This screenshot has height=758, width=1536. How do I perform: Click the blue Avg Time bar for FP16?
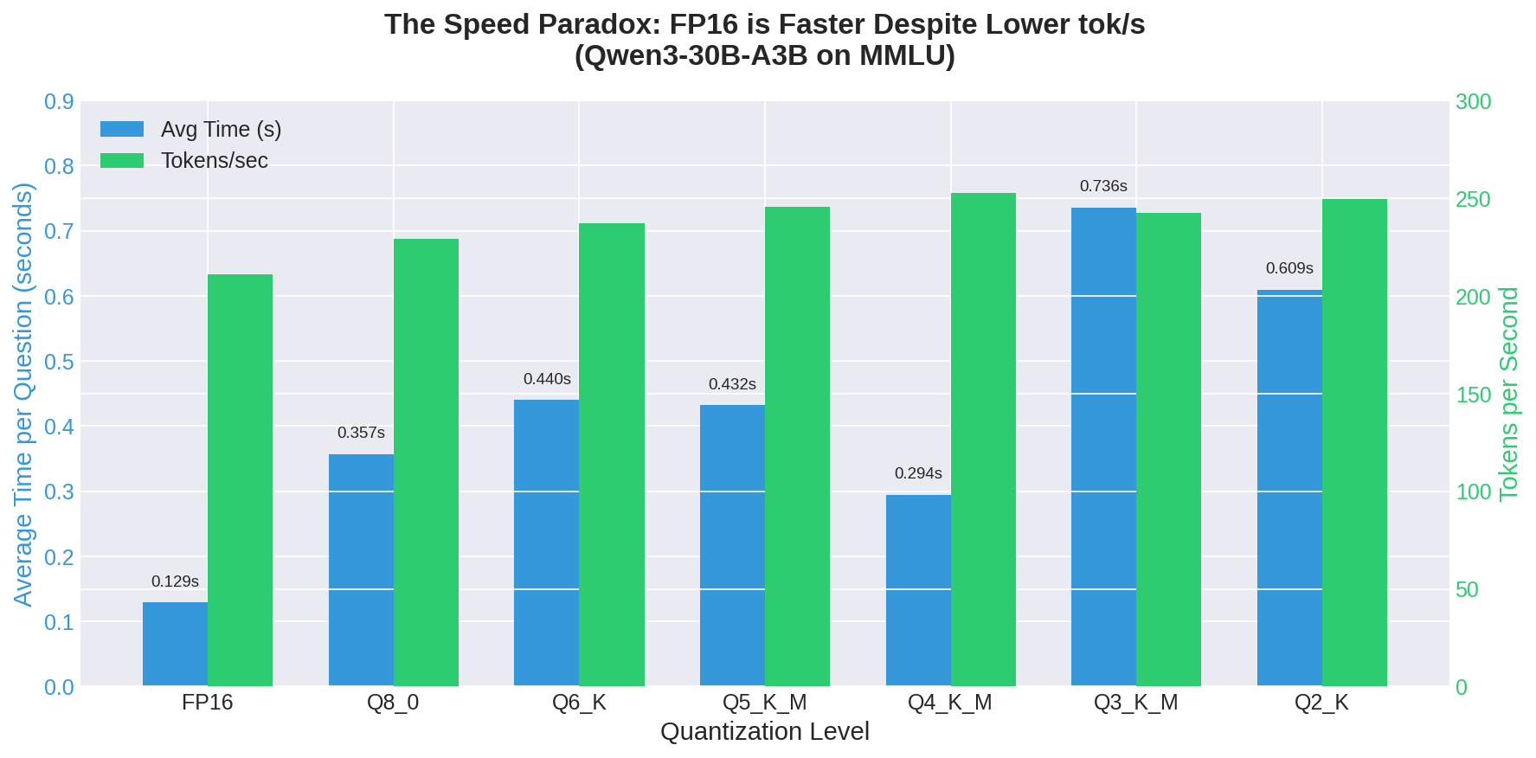pyautogui.click(x=175, y=644)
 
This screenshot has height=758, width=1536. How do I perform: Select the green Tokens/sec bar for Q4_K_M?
pyautogui.click(x=983, y=440)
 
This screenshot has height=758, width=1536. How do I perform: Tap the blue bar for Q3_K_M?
pyautogui.click(x=1103, y=446)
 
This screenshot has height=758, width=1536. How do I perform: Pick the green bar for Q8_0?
pyautogui.click(x=426, y=462)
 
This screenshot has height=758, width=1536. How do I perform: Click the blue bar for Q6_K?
pyautogui.click(x=546, y=543)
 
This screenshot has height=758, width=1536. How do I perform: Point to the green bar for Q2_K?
pyautogui.click(x=1354, y=442)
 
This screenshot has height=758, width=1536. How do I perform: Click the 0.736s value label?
pyautogui.click(x=1103, y=186)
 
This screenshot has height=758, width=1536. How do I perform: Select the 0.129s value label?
pyautogui.click(x=175, y=581)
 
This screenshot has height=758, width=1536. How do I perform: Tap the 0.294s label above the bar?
pyautogui.click(x=918, y=473)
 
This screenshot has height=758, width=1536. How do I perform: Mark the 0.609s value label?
pyautogui.click(x=1289, y=268)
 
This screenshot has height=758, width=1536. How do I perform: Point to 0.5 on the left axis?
pyautogui.click(x=59, y=362)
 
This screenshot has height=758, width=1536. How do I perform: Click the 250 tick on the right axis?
pyautogui.click(x=1473, y=199)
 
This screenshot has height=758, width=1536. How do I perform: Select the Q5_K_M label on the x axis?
pyautogui.click(x=764, y=702)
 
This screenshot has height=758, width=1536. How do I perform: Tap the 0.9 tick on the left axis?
pyautogui.click(x=59, y=102)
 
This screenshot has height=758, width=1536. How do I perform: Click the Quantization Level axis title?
pyautogui.click(x=764, y=732)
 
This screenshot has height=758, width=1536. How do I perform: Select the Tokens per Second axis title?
pyautogui.click(x=1508, y=394)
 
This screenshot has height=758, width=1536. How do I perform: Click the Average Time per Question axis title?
pyautogui.click(x=23, y=394)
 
